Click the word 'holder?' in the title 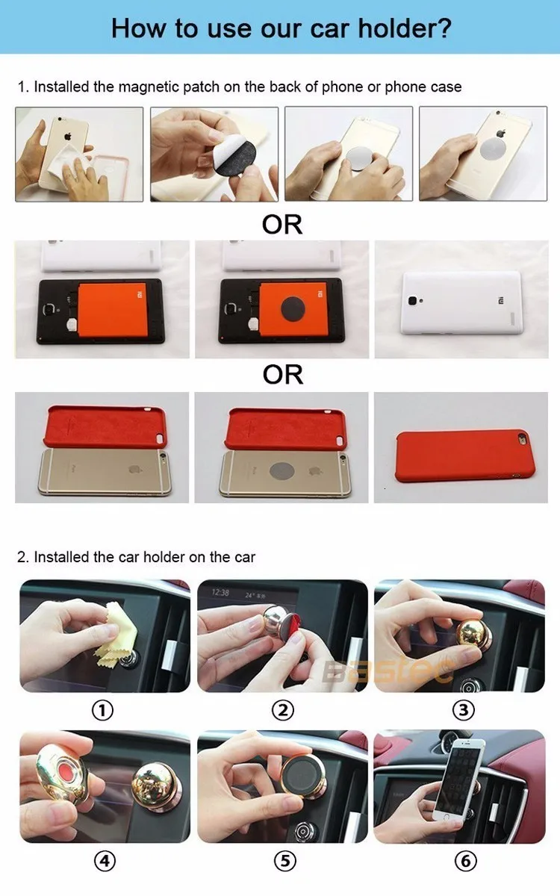click(x=405, y=28)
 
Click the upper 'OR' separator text click(x=282, y=225)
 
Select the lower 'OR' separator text click(x=283, y=374)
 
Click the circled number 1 click(x=103, y=710)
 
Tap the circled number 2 click(x=283, y=710)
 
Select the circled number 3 click(x=464, y=710)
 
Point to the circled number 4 click(x=105, y=860)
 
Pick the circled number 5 click(x=285, y=860)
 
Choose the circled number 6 click(x=466, y=860)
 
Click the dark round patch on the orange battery click(x=293, y=308)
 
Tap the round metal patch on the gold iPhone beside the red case click(x=282, y=470)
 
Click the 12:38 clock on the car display click(x=220, y=592)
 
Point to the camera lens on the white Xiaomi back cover click(x=412, y=299)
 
